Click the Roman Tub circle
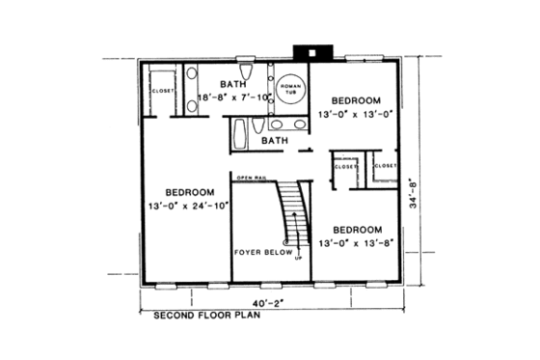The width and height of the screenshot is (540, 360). click(290, 89)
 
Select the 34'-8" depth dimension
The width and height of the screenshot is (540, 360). click(414, 192)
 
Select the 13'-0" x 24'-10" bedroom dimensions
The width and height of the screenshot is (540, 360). click(187, 205)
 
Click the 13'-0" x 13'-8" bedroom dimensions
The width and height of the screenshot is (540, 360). click(356, 244)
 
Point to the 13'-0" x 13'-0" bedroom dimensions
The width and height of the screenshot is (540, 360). click(356, 116)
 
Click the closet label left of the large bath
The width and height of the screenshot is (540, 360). click(161, 92)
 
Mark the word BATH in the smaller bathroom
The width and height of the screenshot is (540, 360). click(276, 141)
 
